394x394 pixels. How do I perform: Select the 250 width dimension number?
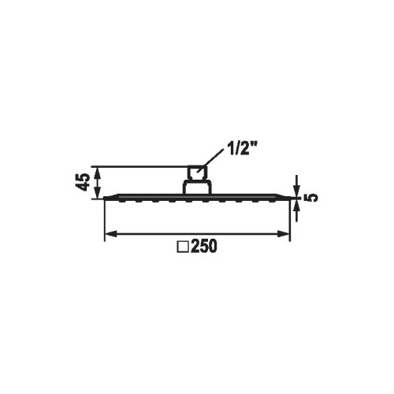(x=204, y=247)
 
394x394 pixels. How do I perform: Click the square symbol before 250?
(x=184, y=247)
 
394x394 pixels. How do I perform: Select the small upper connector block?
(x=196, y=173)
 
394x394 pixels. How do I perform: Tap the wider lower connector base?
(x=196, y=188)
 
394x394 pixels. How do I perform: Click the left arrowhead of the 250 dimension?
(x=111, y=233)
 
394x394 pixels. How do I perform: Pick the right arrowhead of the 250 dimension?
(x=283, y=233)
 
